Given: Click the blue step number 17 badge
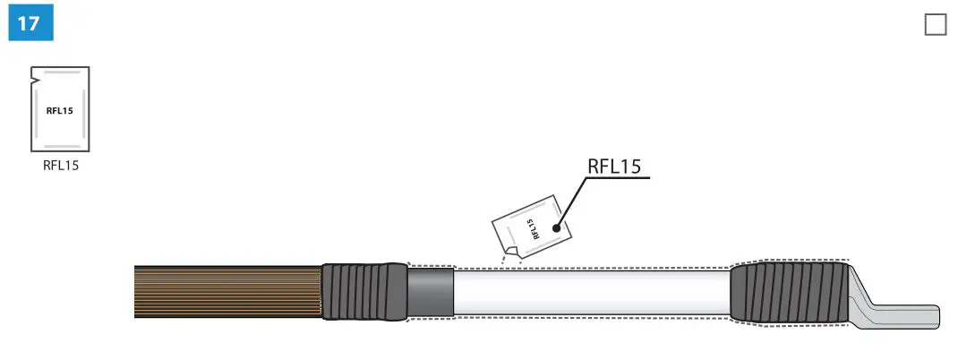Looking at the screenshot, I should pyautogui.click(x=30, y=22).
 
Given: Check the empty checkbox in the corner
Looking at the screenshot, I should pyautogui.click(x=935, y=24).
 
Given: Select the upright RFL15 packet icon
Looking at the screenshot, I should pyautogui.click(x=60, y=109).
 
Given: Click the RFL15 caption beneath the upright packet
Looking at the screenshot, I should pyautogui.click(x=61, y=165).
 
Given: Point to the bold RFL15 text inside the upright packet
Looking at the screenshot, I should pyautogui.click(x=60, y=110).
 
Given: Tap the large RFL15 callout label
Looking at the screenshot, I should pyautogui.click(x=618, y=167).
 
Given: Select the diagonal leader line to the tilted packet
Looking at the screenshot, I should pyautogui.click(x=571, y=202).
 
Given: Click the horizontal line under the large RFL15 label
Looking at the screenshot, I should pyautogui.click(x=618, y=178).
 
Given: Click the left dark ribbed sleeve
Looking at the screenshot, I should pyautogui.click(x=363, y=291).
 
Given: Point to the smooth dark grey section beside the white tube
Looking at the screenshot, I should pyautogui.click(x=431, y=292).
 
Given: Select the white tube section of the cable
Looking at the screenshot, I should pyautogui.click(x=591, y=292).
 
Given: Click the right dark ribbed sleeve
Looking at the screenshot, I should pyautogui.click(x=788, y=292).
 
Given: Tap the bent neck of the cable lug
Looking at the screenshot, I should pyautogui.click(x=861, y=292).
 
